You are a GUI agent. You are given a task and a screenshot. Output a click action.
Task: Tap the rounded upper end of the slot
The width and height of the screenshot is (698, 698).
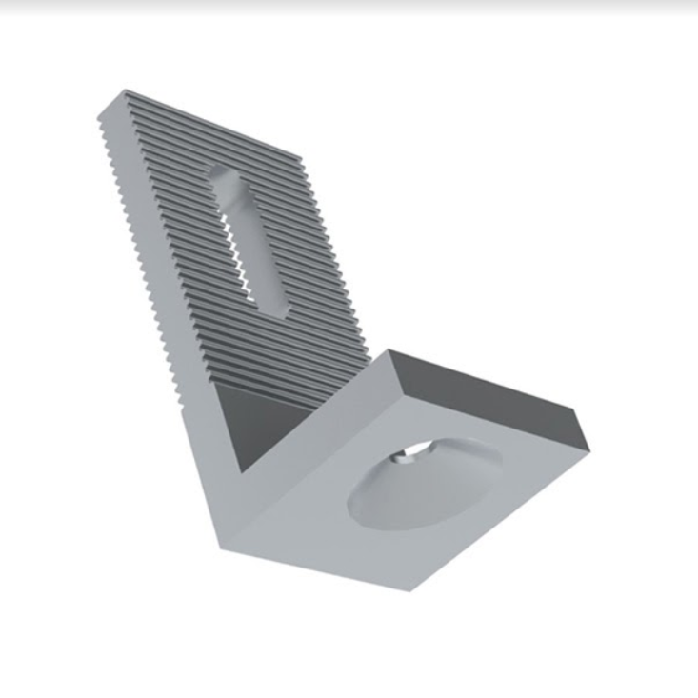click(221, 174)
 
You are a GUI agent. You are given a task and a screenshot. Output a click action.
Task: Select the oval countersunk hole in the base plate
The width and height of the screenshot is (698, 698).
click(423, 481)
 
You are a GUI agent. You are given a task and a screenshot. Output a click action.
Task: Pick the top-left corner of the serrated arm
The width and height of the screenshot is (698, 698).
click(125, 91)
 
